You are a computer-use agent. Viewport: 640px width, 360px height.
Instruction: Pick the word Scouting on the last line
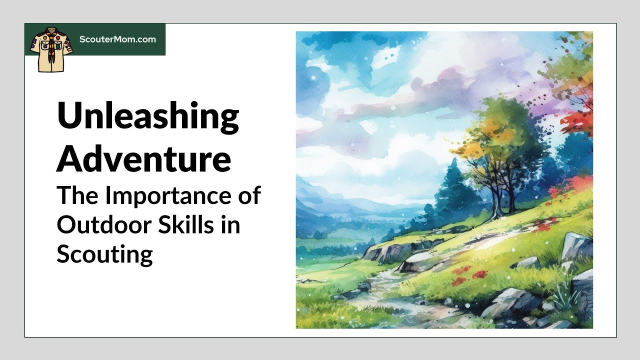(104, 254)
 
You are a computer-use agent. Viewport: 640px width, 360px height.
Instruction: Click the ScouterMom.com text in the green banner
(117, 39)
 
